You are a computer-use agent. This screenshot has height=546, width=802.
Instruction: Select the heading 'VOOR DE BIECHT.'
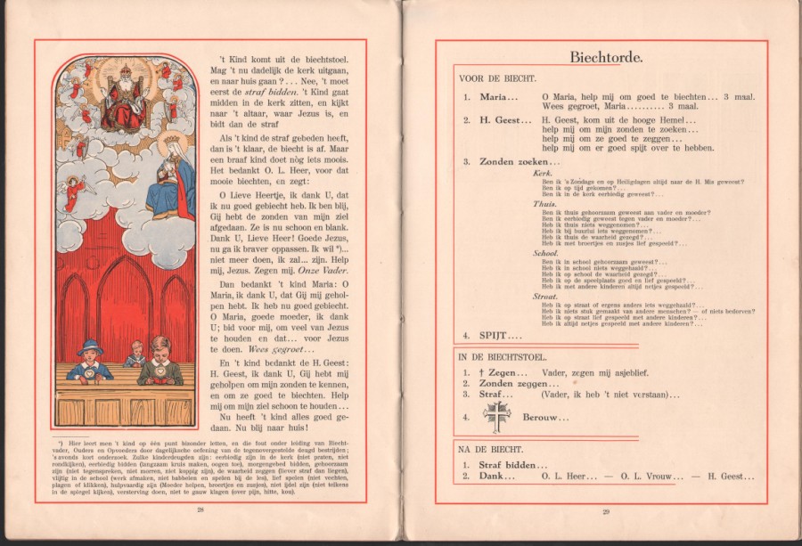pyautogui.click(x=495, y=78)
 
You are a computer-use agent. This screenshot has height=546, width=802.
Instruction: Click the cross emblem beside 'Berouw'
pyautogui.click(x=495, y=416)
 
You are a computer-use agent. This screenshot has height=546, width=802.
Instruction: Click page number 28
pyautogui.click(x=200, y=509)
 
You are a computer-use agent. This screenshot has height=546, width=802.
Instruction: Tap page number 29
pyautogui.click(x=605, y=510)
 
